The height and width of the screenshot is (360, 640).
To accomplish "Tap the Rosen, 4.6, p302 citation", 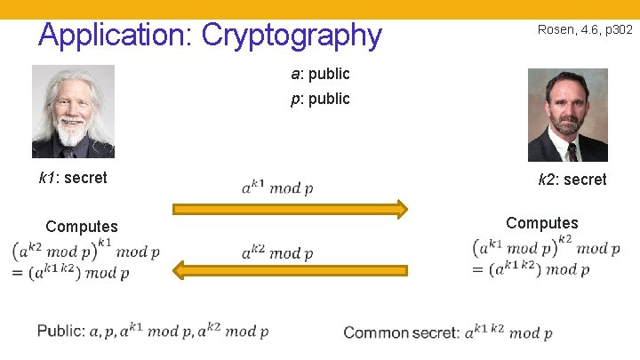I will pyautogui.click(x=585, y=30).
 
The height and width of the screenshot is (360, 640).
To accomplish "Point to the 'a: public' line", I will pyautogui.click(x=320, y=74).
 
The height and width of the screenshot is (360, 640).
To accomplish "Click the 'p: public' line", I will pyautogui.click(x=320, y=99).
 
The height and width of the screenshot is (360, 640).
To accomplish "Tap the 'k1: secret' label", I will pyautogui.click(x=73, y=178).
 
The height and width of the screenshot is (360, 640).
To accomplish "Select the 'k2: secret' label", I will pyautogui.click(x=572, y=180).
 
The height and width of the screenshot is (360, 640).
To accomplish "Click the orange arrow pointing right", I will pyautogui.click(x=290, y=210).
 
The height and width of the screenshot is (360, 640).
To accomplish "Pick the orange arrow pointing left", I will pyautogui.click(x=290, y=269).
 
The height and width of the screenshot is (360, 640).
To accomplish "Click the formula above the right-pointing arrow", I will pyautogui.click(x=276, y=187).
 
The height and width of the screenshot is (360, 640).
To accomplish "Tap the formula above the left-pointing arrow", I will pyautogui.click(x=276, y=252).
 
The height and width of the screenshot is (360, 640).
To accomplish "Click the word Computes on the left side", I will pyautogui.click(x=82, y=227).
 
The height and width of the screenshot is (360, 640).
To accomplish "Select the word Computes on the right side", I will pyautogui.click(x=542, y=223).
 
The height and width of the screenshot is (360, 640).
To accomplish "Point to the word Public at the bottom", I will pyautogui.click(x=60, y=332).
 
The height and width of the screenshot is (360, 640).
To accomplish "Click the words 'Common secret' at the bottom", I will pyautogui.click(x=400, y=332).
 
